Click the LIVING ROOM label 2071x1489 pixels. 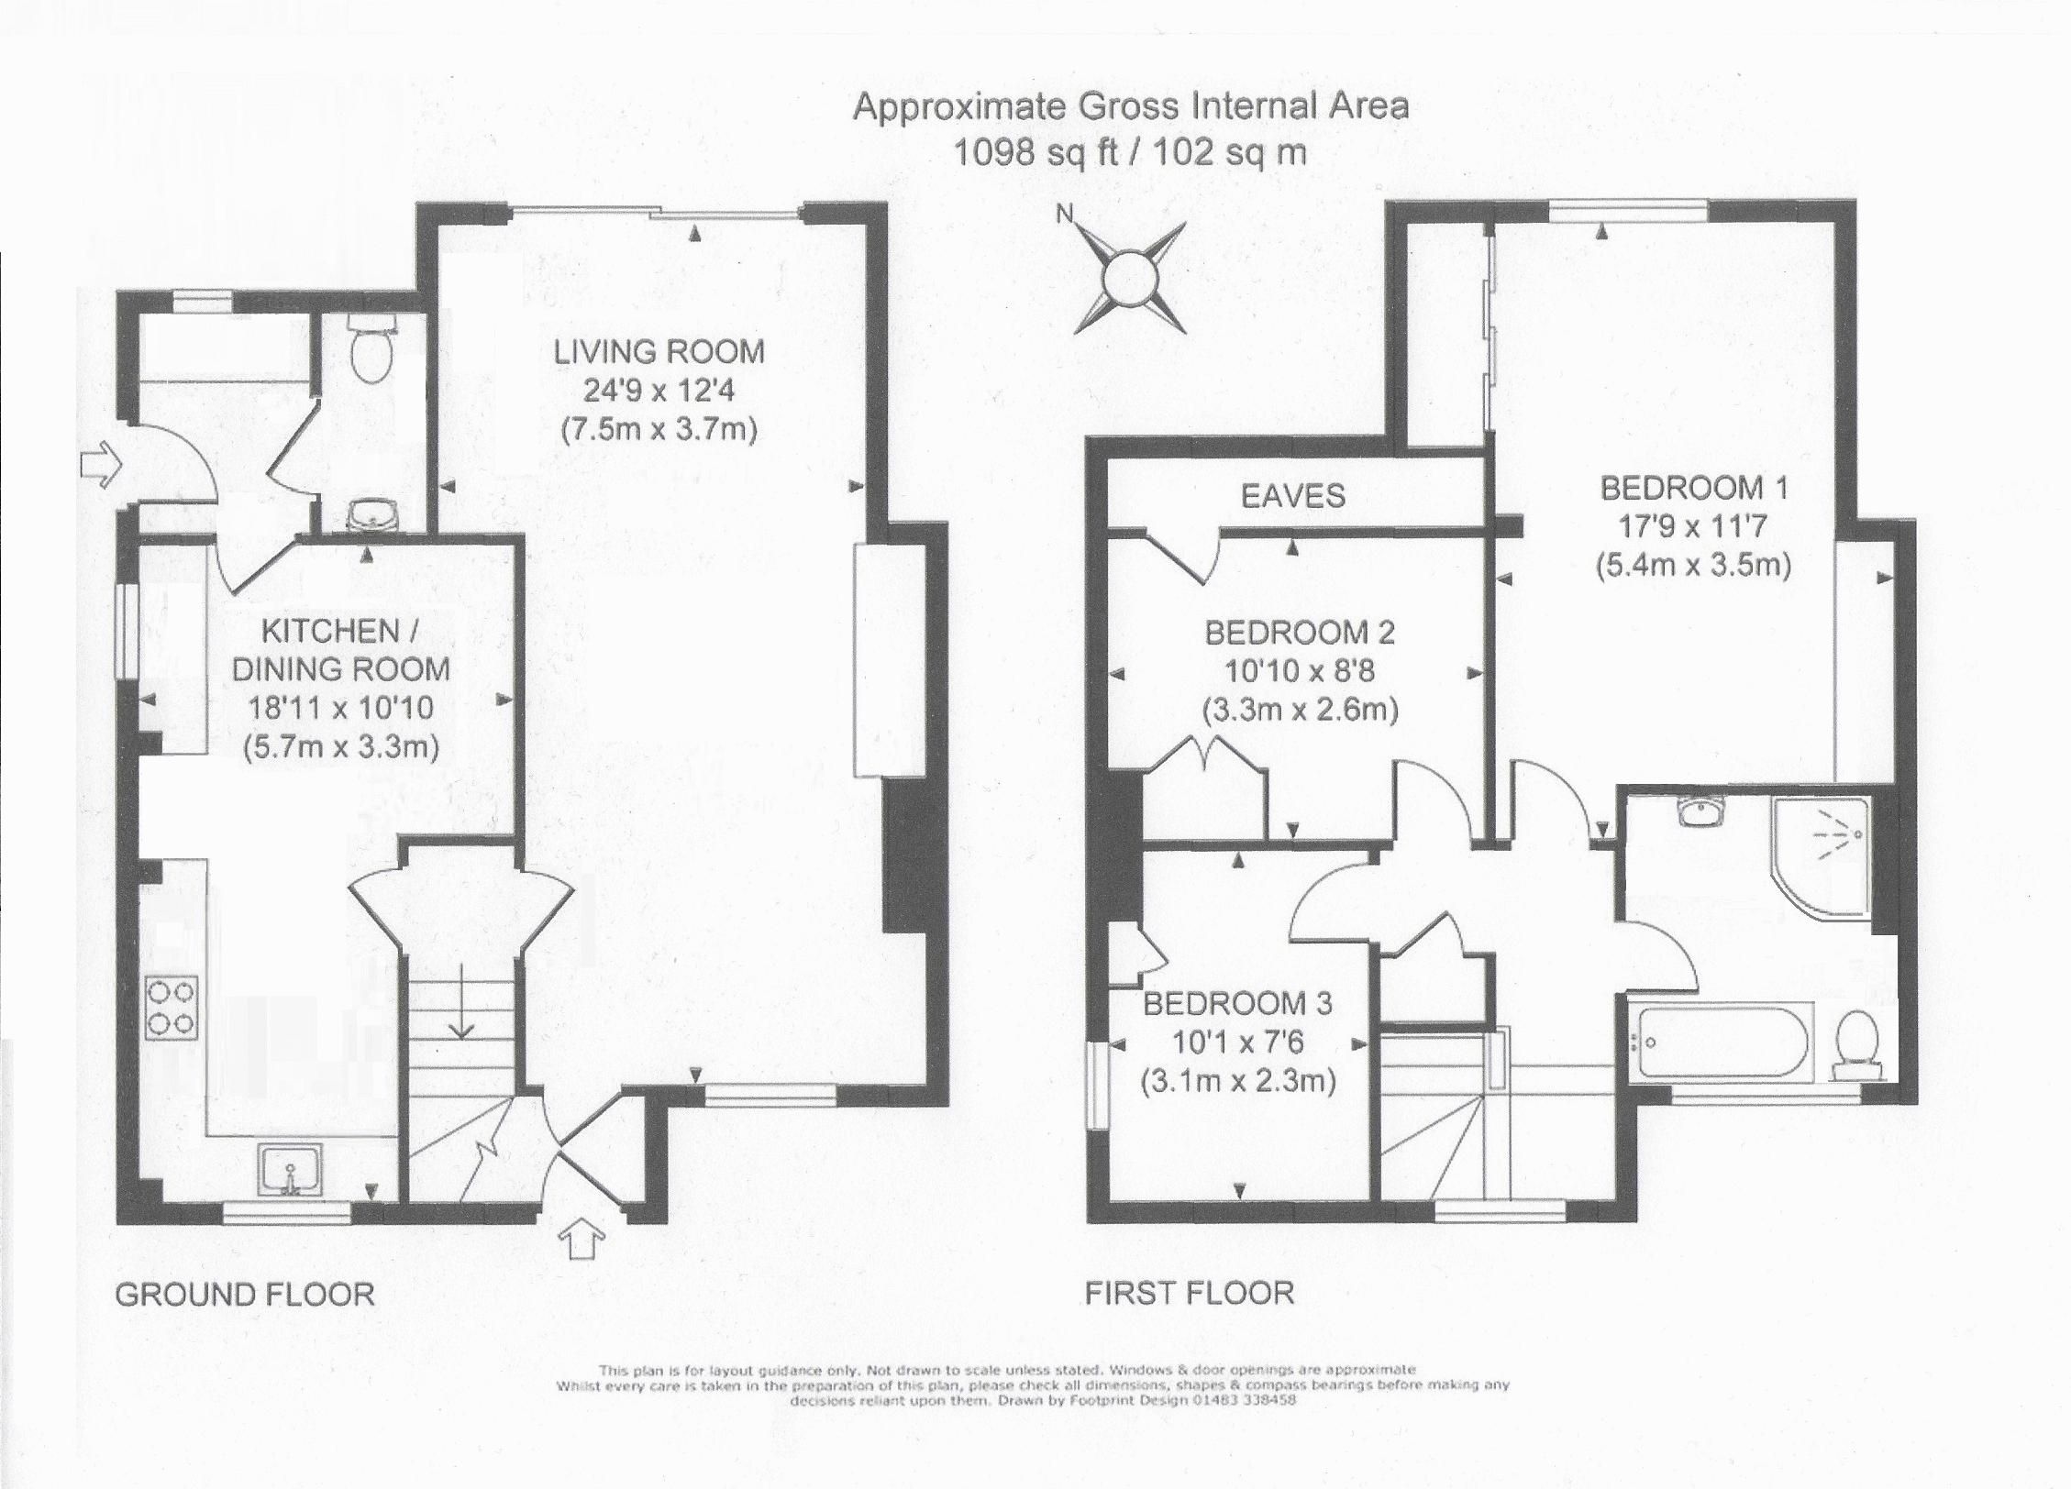[x=659, y=352]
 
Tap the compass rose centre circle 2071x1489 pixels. [x=1127, y=276]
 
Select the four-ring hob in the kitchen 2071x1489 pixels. [x=172, y=1007]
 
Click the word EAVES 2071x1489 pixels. [x=1292, y=496]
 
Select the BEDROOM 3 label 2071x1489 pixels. [x=1236, y=1004]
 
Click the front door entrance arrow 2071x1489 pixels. [x=581, y=1240]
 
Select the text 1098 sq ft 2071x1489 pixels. [x=1035, y=151]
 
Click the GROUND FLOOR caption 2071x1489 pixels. [x=244, y=1295]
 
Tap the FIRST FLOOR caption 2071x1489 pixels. [x=1189, y=1293]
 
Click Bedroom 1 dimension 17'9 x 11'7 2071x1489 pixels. [x=1693, y=526]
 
